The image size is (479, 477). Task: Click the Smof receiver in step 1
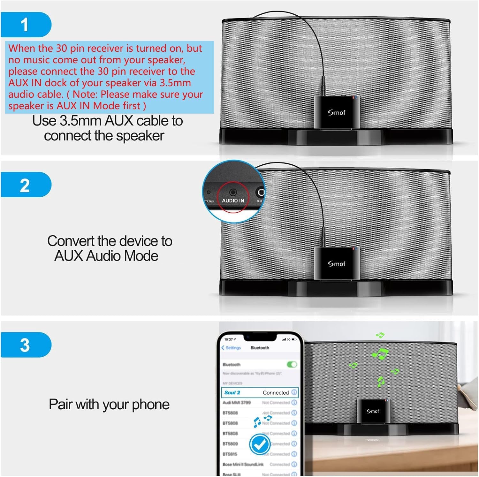coord(337,112)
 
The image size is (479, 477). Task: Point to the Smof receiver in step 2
coord(337,263)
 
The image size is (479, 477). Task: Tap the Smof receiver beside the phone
coord(372,411)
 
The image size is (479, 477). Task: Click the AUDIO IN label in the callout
coord(233,201)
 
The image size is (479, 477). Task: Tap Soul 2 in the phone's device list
coord(232,392)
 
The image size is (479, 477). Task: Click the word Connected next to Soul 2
coord(276,392)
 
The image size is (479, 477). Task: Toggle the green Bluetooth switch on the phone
coord(292,364)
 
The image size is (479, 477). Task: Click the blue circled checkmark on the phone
coord(259,444)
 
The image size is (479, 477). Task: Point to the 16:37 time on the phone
coord(229,339)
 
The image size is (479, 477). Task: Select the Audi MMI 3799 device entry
coord(237,403)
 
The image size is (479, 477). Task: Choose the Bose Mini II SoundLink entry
coord(243,464)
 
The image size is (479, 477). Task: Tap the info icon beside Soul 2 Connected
coord(294,392)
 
